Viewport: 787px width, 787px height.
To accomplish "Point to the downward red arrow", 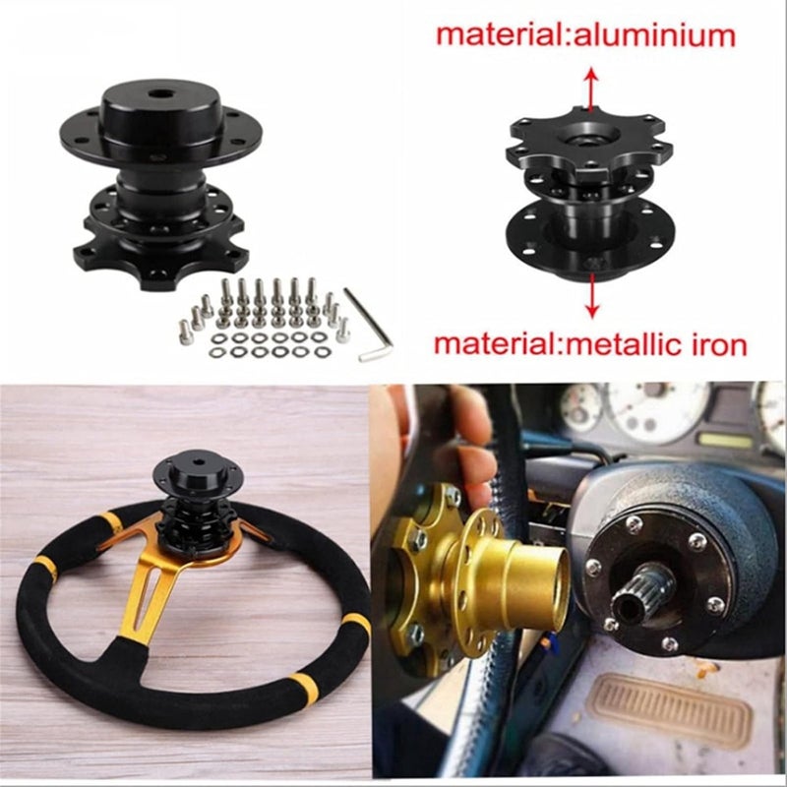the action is point(591,300).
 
